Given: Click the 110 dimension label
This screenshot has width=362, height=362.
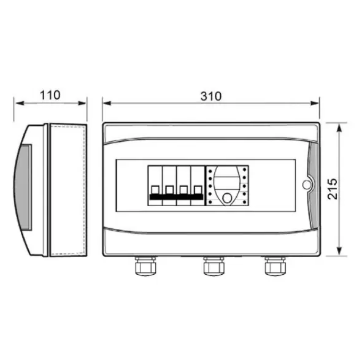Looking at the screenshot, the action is pyautogui.click(x=50, y=95).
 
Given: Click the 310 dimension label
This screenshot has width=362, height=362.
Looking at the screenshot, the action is pyautogui.click(x=211, y=96).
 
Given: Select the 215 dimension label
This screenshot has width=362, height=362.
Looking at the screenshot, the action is pyautogui.click(x=333, y=189).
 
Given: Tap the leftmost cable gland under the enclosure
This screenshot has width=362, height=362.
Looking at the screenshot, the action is pyautogui.click(x=145, y=266).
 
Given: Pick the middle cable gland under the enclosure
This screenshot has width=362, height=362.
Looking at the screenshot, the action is pyautogui.click(x=214, y=266).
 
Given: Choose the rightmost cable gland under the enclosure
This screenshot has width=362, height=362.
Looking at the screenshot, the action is pyautogui.click(x=275, y=266).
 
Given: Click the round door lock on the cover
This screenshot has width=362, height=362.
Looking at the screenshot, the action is pyautogui.click(x=307, y=185).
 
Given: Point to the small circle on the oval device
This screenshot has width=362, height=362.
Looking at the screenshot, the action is pyautogui.click(x=227, y=198).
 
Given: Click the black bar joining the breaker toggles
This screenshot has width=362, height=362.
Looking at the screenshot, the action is pyautogui.click(x=176, y=197).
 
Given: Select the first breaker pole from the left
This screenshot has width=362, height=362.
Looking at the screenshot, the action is pyautogui.click(x=155, y=185).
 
